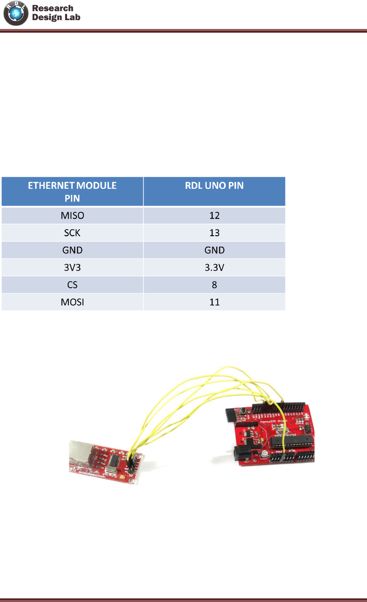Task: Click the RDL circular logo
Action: pos(16,13)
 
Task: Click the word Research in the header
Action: pos(52,8)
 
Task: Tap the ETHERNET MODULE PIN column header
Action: pos(72,192)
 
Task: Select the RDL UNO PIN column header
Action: pos(214,186)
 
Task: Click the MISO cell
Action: pos(72,215)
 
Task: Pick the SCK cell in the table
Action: pos(72,233)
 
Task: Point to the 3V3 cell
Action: pos(72,268)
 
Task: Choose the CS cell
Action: pos(72,285)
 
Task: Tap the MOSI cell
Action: pos(72,302)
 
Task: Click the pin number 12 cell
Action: pos(214,215)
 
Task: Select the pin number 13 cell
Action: pos(214,233)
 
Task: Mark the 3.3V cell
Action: pos(214,268)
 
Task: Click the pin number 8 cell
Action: pos(214,285)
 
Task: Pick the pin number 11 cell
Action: pos(214,302)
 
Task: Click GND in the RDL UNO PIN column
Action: pos(214,250)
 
